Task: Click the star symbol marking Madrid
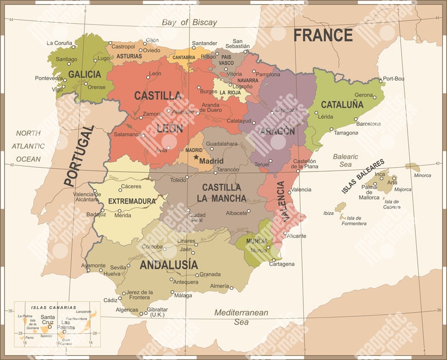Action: [x=197, y=158]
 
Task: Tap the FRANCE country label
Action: [x=322, y=35]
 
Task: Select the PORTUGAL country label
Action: [x=78, y=155]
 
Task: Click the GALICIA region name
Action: [x=85, y=75]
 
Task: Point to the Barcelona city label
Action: [x=368, y=124]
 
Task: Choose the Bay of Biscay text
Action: [x=190, y=23]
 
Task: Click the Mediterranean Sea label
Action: [x=241, y=317]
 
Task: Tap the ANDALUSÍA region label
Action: [x=168, y=265]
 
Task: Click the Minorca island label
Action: [x=422, y=175]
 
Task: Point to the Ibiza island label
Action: [x=328, y=213]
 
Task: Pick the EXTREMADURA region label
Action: [x=132, y=201]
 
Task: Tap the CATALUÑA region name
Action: [x=342, y=105]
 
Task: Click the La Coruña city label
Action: [x=59, y=43]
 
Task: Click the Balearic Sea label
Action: [x=346, y=161]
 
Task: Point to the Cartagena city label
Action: [x=281, y=264]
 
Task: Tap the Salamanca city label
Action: [x=126, y=134]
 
